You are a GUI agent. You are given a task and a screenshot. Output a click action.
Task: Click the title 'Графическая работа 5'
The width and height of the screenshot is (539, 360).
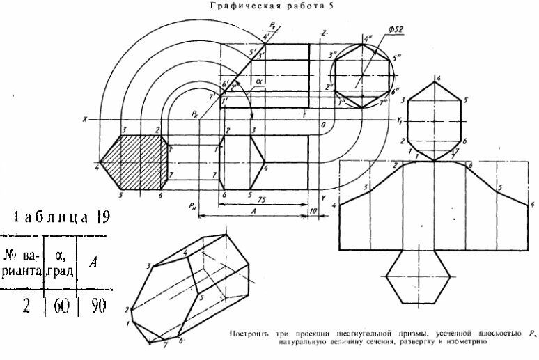(x=268, y=8)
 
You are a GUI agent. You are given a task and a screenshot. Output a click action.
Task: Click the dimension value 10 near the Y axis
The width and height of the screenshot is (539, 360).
(x=314, y=211)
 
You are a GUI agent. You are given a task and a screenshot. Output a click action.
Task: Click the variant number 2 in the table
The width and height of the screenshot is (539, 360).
(x=25, y=306)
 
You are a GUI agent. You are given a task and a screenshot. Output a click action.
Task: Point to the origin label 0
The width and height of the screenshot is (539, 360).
(x=322, y=125)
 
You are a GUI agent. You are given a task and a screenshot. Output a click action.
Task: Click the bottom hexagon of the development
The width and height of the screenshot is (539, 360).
(x=417, y=277)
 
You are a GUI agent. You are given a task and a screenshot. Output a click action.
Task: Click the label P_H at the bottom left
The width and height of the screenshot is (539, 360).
(x=192, y=205)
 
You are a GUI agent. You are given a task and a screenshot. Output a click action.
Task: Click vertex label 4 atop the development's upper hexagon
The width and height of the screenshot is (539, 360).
(x=437, y=77)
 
